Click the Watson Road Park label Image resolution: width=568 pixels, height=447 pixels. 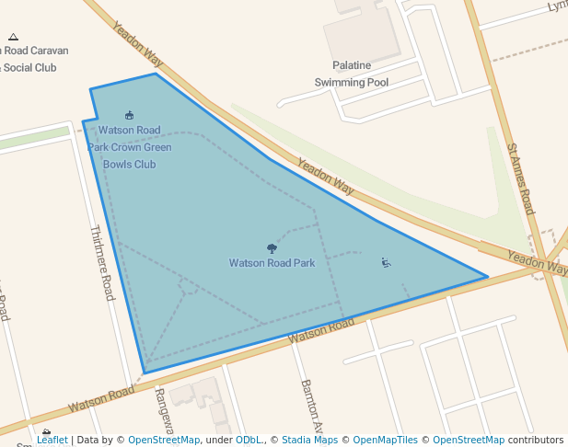click(x=272, y=263)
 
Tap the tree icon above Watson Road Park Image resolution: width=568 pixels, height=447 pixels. click(x=272, y=248)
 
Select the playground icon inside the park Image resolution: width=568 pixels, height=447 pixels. click(x=386, y=263)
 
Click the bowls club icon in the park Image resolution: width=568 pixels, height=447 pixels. click(x=129, y=115)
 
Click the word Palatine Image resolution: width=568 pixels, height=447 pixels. click(x=352, y=65)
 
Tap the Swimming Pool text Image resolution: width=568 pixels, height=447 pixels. click(x=352, y=82)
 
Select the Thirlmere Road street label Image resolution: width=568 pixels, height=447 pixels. click(x=102, y=263)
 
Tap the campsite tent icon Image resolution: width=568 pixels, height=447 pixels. click(x=13, y=38)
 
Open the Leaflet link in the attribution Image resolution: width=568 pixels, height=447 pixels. click(x=52, y=441)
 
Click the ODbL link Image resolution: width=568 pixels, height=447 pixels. click(x=248, y=441)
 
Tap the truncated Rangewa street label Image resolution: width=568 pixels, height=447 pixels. click(x=164, y=410)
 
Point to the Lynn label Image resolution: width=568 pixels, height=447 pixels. click(x=557, y=6)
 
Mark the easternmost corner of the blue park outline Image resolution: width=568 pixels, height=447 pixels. click(x=487, y=276)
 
